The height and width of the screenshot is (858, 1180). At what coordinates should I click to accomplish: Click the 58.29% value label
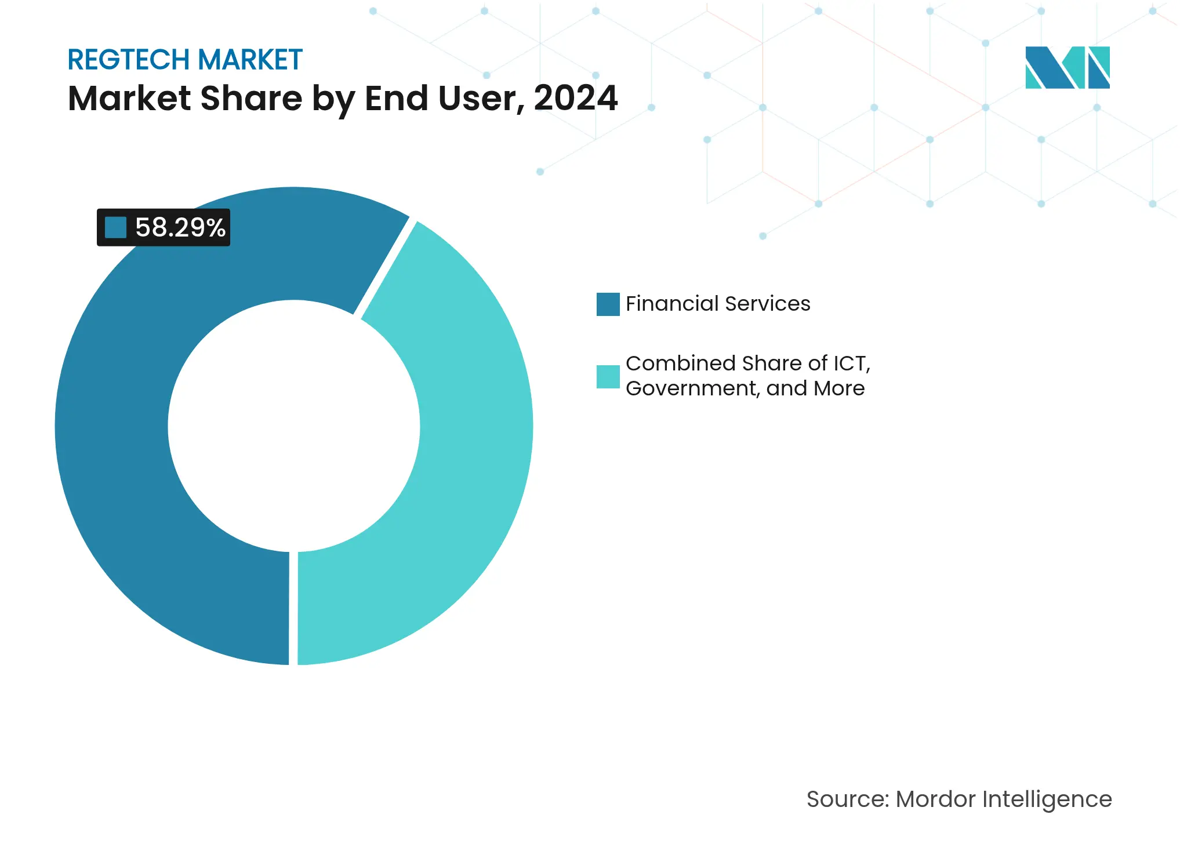pyautogui.click(x=180, y=227)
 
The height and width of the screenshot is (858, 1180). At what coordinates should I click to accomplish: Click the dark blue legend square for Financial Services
pyautogui.click(x=608, y=304)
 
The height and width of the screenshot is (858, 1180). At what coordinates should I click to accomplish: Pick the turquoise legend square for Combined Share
pyautogui.click(x=608, y=377)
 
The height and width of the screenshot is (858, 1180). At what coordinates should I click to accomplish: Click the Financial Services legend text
pyautogui.click(x=718, y=304)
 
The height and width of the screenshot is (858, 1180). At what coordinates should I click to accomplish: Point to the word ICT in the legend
pyautogui.click(x=850, y=363)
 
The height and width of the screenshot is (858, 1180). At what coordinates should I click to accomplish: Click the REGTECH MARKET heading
pyautogui.click(x=185, y=60)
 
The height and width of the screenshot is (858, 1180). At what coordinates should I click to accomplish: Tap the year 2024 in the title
pyautogui.click(x=575, y=98)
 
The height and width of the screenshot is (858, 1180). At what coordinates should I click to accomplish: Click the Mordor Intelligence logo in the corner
pyautogui.click(x=1067, y=67)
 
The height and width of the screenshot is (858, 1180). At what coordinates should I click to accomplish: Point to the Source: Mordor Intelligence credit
pyautogui.click(x=959, y=799)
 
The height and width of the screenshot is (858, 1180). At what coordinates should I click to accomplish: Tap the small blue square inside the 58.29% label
pyautogui.click(x=115, y=227)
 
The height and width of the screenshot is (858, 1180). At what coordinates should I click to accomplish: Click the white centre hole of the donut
pyautogui.click(x=293, y=426)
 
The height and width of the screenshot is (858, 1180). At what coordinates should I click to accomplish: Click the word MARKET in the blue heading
pyautogui.click(x=250, y=60)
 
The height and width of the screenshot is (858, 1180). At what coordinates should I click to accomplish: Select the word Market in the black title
pyautogui.click(x=129, y=98)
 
